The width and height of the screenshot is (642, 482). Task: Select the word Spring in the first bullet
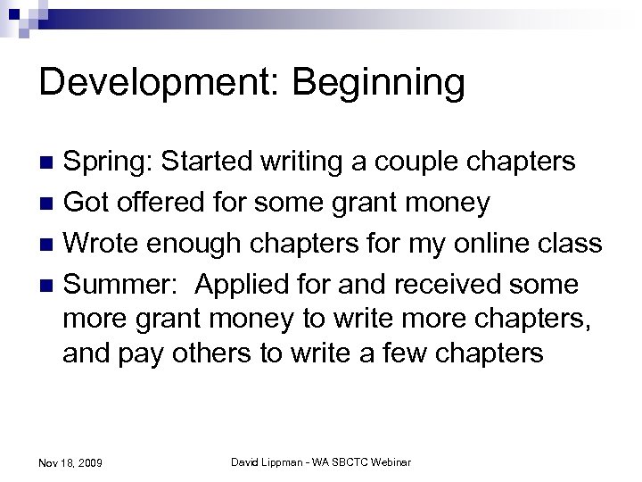click(x=100, y=163)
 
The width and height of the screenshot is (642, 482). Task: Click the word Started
click(x=195, y=162)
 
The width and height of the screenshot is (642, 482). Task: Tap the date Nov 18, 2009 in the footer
click(x=70, y=462)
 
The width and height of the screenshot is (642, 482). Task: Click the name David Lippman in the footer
click(x=265, y=461)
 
